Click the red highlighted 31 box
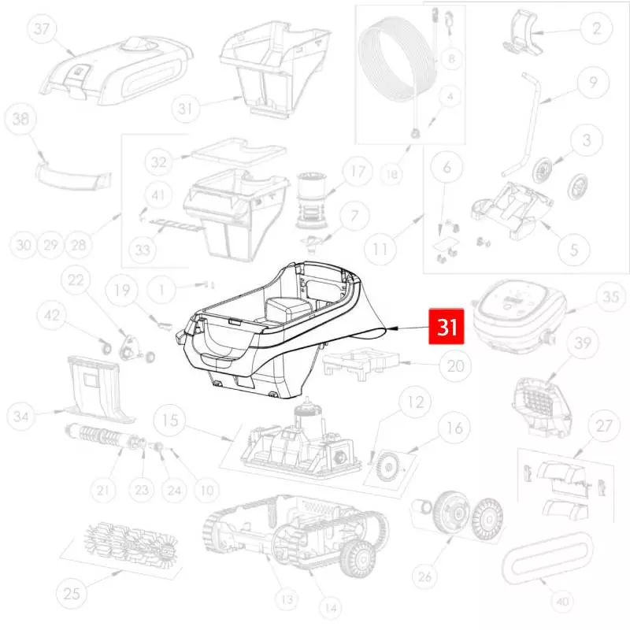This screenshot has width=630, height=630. point(447,327)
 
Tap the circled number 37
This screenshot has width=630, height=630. point(43,28)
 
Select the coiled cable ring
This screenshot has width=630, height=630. point(397,60)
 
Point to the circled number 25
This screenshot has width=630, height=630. point(72,593)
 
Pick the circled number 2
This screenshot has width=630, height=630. point(597,28)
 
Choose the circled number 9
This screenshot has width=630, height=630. point(593,82)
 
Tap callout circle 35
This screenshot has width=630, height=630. point(610,297)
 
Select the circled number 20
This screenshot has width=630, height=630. point(455,365)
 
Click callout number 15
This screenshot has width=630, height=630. point(170,421)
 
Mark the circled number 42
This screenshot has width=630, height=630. point(52,316)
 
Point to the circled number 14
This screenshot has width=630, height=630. point(331,608)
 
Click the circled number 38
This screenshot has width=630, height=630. point(20,119)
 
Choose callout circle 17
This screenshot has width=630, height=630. point(358,172)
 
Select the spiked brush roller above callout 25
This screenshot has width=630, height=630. point(131,543)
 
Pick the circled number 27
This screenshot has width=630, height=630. point(604,426)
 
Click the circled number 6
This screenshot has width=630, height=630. point(447,166)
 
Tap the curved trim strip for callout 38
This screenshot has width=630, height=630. point(72,176)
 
